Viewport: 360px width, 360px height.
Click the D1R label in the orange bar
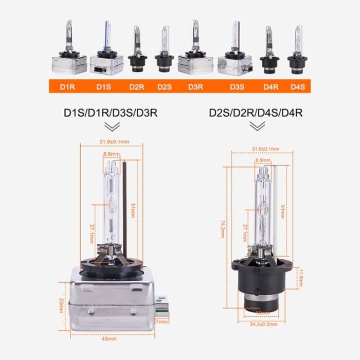67,87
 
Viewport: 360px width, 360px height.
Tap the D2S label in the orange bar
165,87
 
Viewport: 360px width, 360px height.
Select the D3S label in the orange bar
237,87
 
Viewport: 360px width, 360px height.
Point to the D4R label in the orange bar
268,87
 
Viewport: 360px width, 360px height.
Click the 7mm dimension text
163,322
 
